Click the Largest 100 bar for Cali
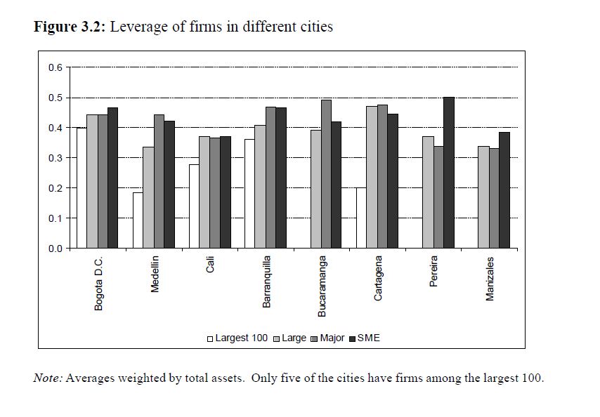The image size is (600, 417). point(194,206)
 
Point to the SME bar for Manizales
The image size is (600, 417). point(504,190)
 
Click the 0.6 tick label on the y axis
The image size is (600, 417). point(55,67)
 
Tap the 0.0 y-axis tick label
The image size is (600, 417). point(55,249)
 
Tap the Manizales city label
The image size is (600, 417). point(490,279)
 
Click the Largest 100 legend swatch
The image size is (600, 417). point(210,338)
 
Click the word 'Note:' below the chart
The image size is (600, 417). point(48,378)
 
